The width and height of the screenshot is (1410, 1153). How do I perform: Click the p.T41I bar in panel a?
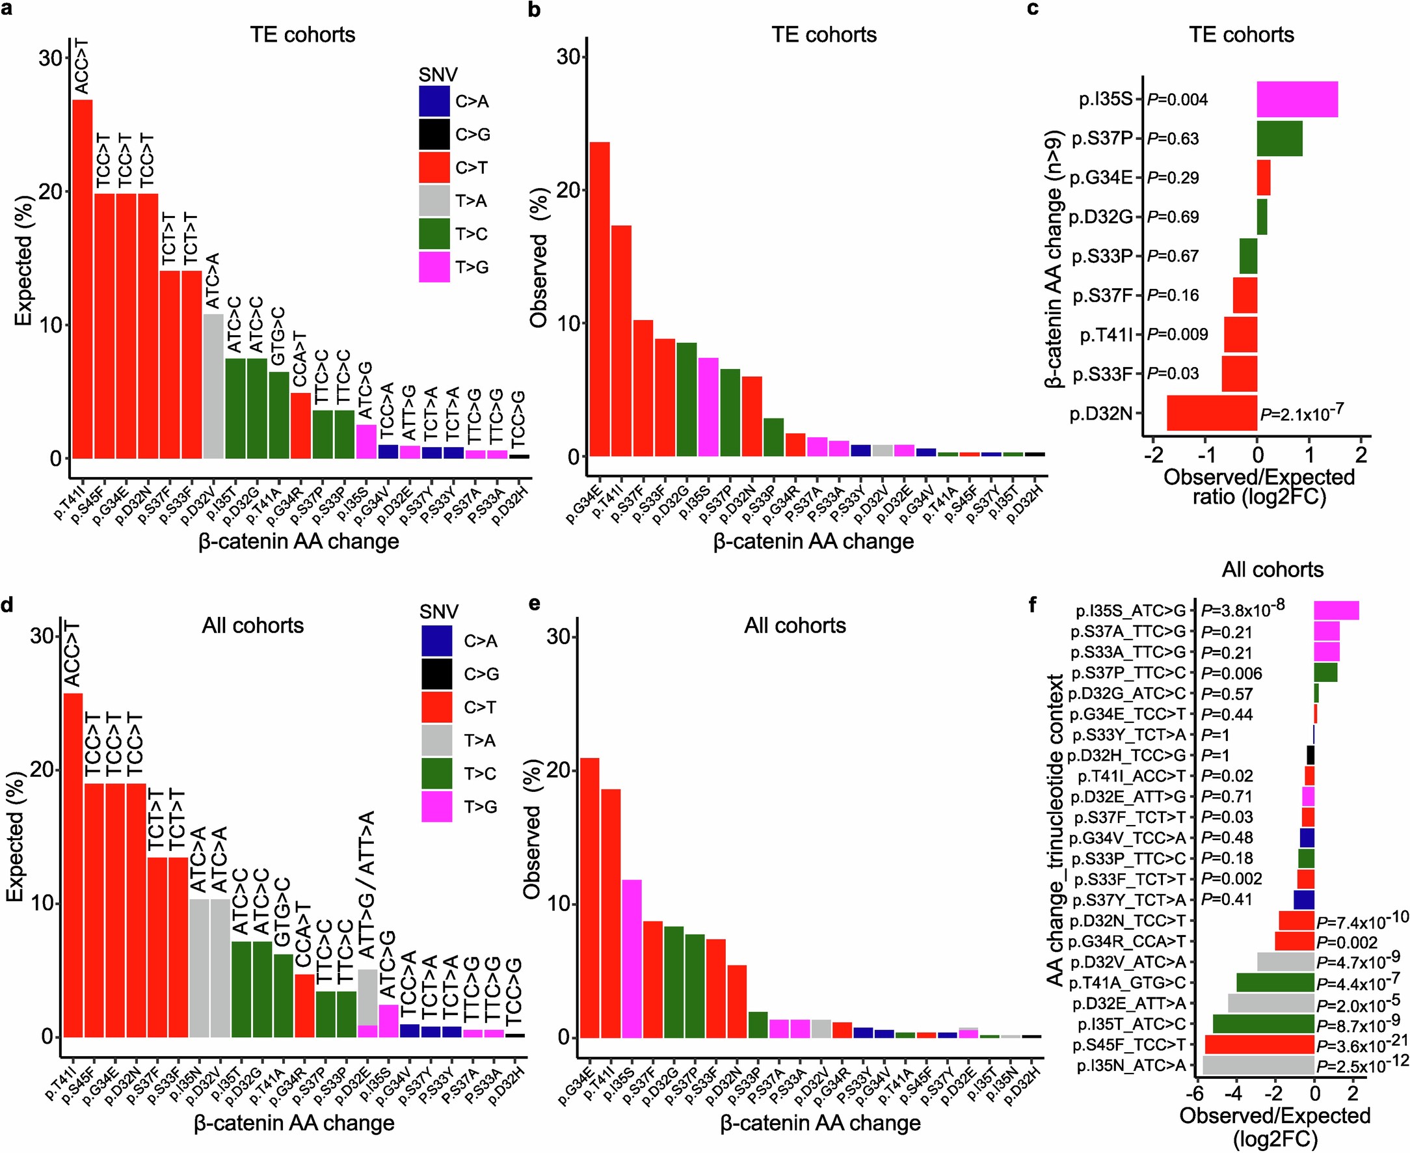click(83, 279)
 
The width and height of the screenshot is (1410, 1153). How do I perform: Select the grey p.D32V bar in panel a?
click(213, 386)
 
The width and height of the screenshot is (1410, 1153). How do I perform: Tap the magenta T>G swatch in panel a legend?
click(434, 267)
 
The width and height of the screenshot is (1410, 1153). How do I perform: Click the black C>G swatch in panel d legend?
click(437, 673)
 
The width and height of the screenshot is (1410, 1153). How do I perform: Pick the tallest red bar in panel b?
click(600, 299)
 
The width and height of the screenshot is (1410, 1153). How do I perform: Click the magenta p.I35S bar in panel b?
click(708, 407)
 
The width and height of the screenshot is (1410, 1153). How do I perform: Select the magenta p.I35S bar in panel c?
click(1296, 100)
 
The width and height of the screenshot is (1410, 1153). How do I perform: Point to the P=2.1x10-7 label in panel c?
click(1301, 414)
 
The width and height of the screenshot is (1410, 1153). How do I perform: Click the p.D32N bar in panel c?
click(1212, 413)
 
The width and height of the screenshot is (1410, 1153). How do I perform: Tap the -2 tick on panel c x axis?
click(1155, 455)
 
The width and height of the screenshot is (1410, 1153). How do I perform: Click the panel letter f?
click(1031, 605)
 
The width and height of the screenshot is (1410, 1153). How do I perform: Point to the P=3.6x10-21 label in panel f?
click(1361, 1046)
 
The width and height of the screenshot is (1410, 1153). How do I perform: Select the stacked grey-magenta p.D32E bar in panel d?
click(367, 1003)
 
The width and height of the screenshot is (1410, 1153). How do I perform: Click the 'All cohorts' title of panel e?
click(795, 626)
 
